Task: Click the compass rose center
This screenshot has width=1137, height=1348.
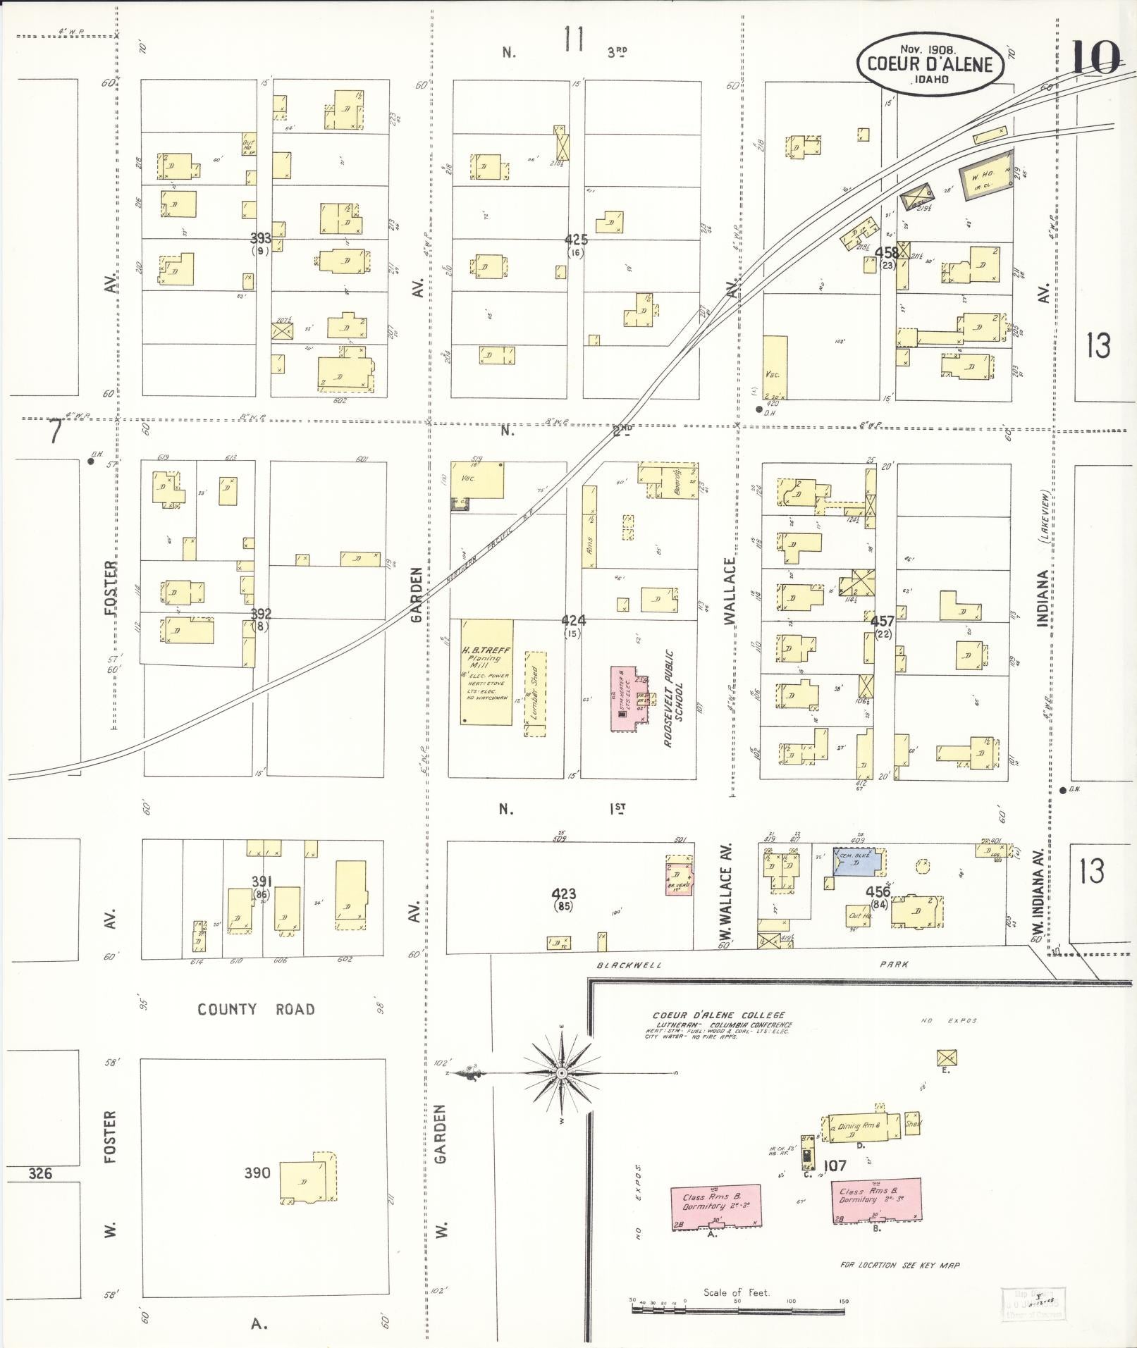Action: [x=561, y=1072]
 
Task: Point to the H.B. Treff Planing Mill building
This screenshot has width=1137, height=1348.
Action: [x=486, y=672]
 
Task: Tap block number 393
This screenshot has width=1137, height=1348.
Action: [x=261, y=238]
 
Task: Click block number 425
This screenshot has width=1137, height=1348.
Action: [x=576, y=240]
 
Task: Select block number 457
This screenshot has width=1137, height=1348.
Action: [x=882, y=622]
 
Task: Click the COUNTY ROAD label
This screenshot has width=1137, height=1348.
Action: [x=256, y=1010]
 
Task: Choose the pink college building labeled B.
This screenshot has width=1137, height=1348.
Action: [x=877, y=1201]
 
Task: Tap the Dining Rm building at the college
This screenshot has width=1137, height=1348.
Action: [x=863, y=1127]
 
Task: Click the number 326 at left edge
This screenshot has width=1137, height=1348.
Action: [x=41, y=1174]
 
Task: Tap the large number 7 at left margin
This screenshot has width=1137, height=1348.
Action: [x=54, y=433]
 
